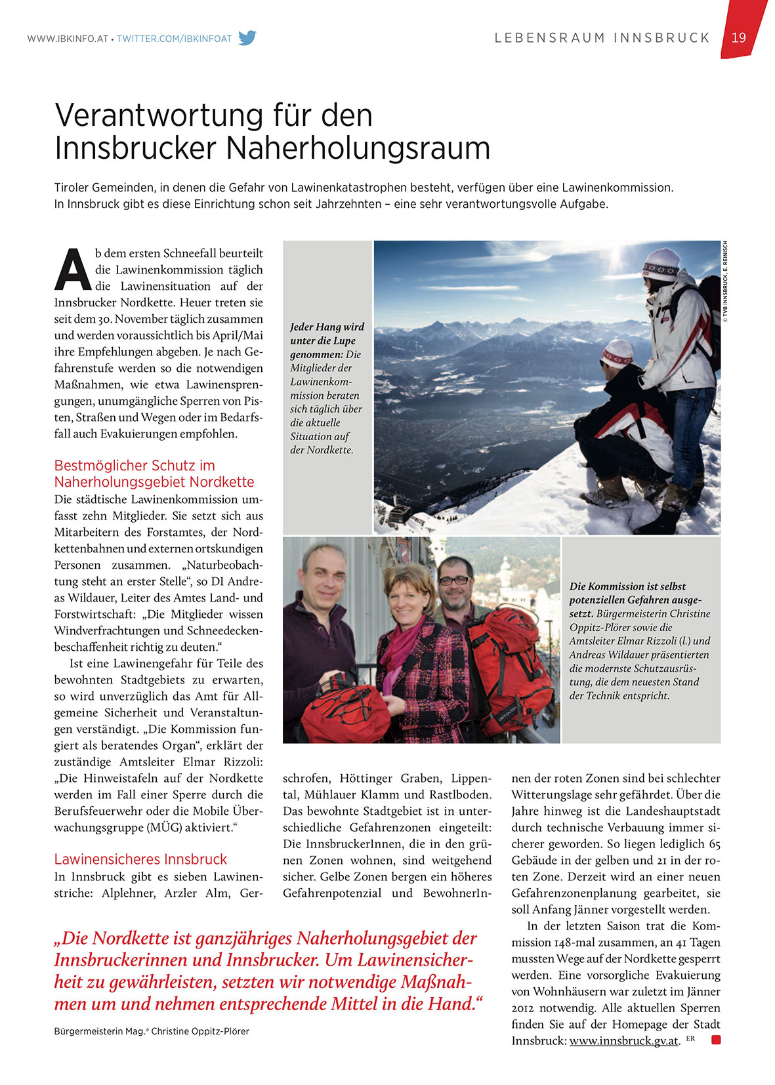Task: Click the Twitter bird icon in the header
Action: (x=247, y=38)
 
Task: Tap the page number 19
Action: (x=739, y=37)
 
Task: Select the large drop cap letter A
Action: (x=72, y=270)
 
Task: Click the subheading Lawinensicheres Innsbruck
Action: (x=140, y=859)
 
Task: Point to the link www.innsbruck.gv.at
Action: (x=623, y=1041)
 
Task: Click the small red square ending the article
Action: (x=716, y=1040)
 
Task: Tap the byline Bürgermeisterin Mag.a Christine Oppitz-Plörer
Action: (x=152, y=1031)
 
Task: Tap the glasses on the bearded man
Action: (x=455, y=580)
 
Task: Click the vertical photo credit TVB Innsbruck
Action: (x=725, y=281)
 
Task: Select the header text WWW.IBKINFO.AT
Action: (x=67, y=39)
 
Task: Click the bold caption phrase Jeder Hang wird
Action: (x=327, y=327)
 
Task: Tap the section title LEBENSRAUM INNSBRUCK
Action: (x=602, y=38)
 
